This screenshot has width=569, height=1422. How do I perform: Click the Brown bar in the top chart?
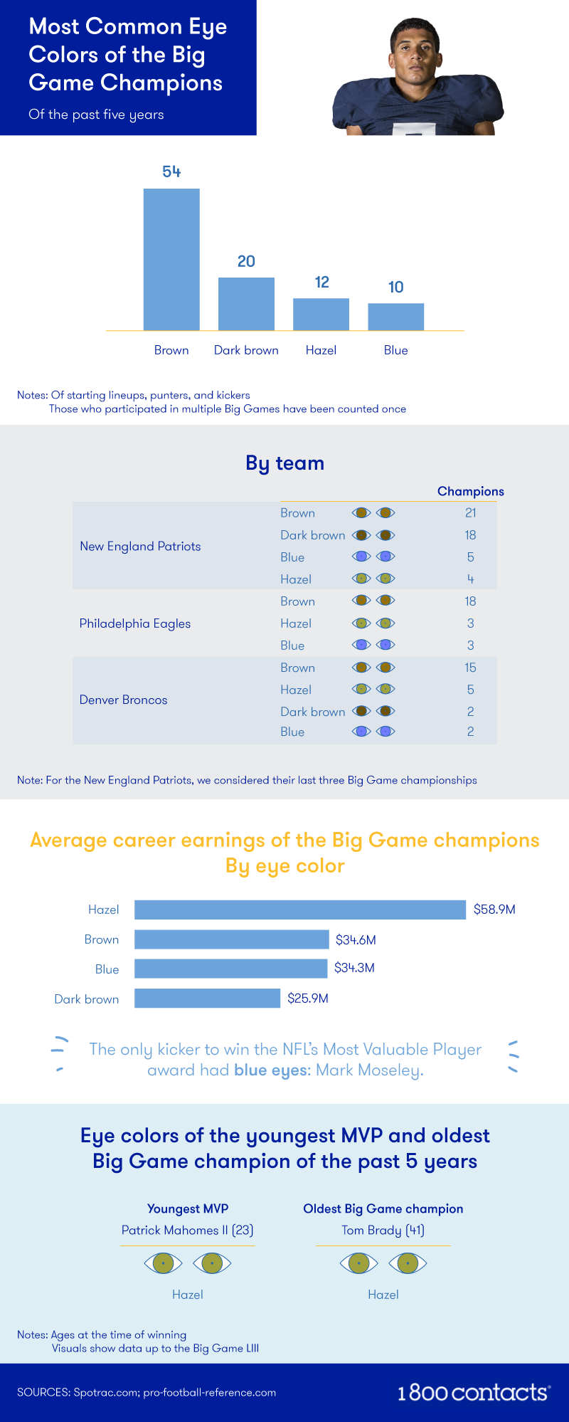(171, 259)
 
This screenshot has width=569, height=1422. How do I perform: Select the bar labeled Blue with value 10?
(395, 317)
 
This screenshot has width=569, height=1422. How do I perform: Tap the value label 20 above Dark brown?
(246, 261)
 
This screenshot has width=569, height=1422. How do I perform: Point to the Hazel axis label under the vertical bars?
(321, 350)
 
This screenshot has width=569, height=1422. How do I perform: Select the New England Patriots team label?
(140, 546)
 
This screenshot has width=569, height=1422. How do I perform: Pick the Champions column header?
(470, 491)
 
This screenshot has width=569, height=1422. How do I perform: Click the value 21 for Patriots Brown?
(470, 512)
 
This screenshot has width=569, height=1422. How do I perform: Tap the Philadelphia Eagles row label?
(135, 623)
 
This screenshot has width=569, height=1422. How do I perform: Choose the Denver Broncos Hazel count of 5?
(470, 690)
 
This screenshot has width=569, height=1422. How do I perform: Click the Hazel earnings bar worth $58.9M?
(299, 910)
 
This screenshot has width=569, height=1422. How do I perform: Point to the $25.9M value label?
(307, 999)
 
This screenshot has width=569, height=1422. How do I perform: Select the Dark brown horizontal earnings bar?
(207, 999)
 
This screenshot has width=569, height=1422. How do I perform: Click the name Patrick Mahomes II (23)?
(187, 1230)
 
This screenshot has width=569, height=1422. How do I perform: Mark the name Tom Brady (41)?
(383, 1230)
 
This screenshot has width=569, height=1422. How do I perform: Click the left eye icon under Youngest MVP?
(163, 1263)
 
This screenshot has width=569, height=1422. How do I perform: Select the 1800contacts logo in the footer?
(473, 1393)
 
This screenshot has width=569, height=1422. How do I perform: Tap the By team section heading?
(284, 463)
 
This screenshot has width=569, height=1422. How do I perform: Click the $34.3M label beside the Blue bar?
(354, 968)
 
